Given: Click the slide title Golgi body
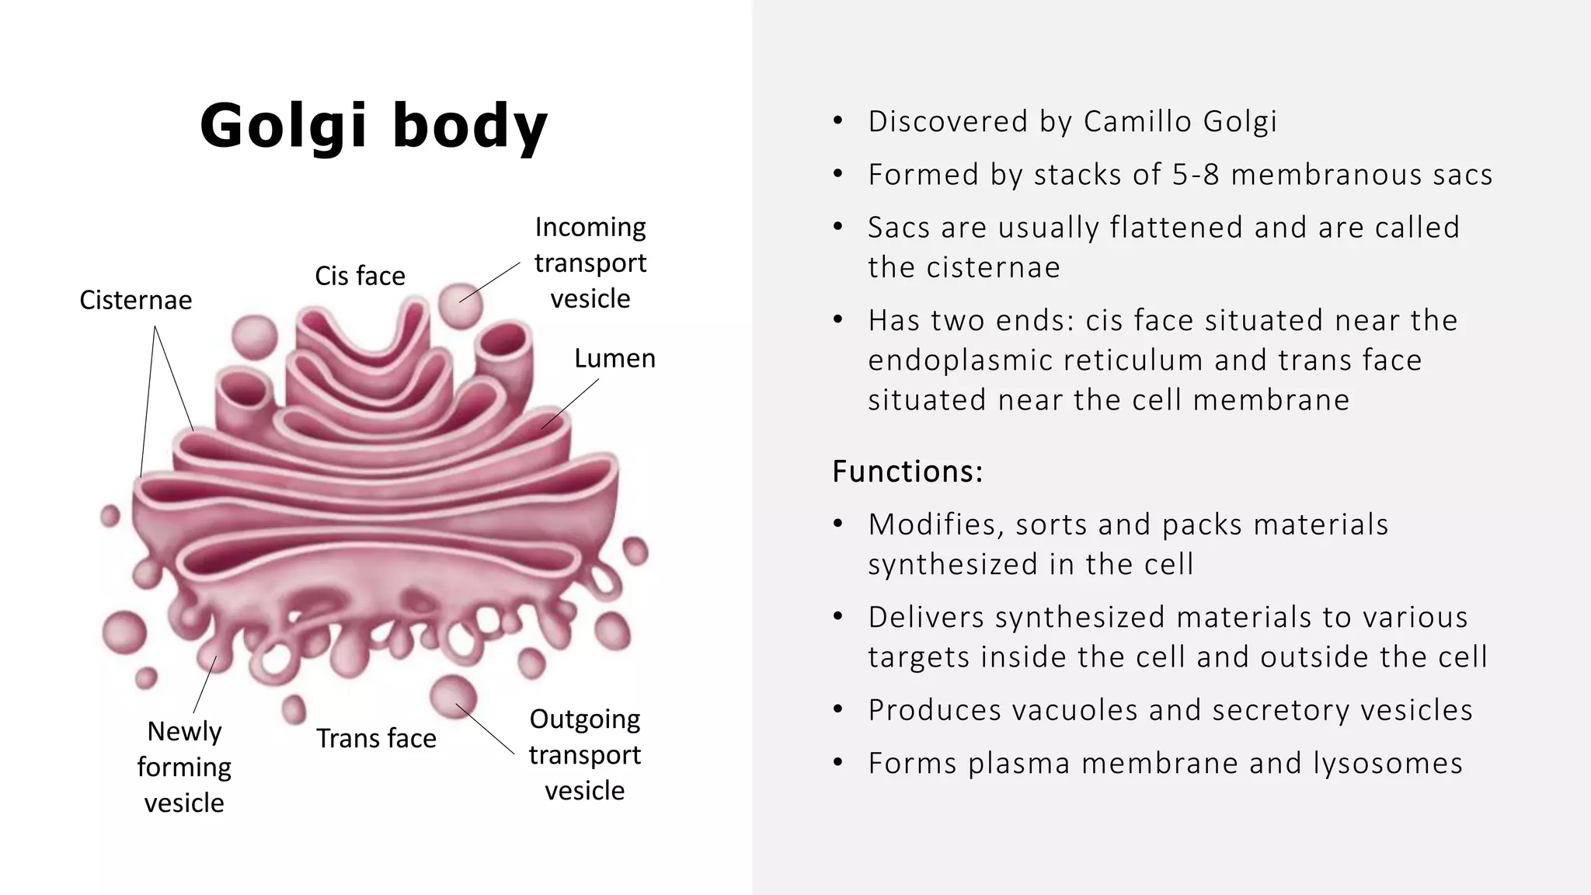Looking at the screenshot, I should coord(374,126).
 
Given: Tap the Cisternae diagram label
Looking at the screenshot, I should coord(136,300).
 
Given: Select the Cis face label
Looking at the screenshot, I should coord(360,276).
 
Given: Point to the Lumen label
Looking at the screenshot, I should coord(614,358).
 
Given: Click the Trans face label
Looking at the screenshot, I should coord(376,738).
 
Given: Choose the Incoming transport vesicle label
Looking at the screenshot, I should coord(590,263).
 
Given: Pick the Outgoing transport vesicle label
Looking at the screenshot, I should coord(584,754).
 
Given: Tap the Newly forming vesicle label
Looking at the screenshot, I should coord(184,767).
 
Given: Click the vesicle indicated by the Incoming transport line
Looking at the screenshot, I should coord(461,305).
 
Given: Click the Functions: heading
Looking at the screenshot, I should coord(907,472).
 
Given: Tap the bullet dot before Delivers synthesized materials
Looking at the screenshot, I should coord(837,617).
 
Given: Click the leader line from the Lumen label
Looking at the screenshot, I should coord(571,403).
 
